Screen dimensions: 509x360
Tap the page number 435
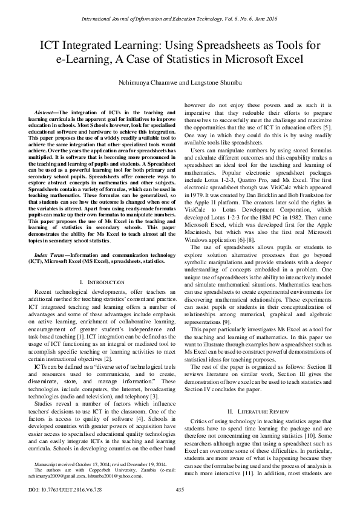click(x=180, y=489)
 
